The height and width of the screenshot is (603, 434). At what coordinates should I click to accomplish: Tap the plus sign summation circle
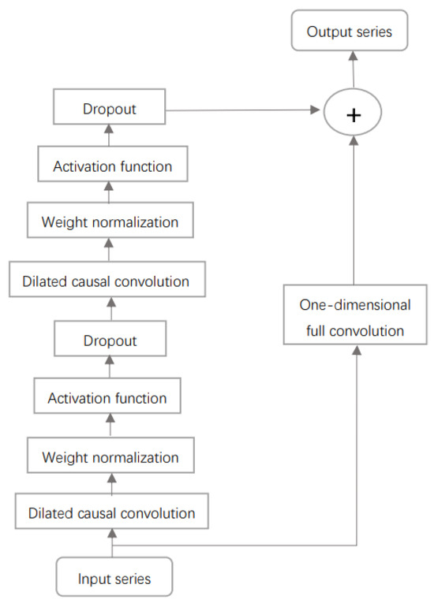353,114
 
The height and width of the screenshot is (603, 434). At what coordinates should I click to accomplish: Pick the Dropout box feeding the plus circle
110,108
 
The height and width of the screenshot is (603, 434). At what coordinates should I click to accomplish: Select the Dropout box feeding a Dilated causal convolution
110,341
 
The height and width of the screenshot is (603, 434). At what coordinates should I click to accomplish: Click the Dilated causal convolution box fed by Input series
111,512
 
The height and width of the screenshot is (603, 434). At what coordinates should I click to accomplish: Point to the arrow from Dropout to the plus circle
245,111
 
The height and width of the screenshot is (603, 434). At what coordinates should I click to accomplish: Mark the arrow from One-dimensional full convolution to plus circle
353,213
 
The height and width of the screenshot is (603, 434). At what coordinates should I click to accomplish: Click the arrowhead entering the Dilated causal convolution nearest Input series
113,534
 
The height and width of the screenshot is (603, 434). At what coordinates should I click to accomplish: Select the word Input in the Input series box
93,579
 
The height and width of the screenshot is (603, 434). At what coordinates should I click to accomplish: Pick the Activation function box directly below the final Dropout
110,166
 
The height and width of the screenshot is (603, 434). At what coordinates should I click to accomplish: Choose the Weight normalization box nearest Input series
110,456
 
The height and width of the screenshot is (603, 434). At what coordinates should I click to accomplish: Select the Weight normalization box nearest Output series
110,221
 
